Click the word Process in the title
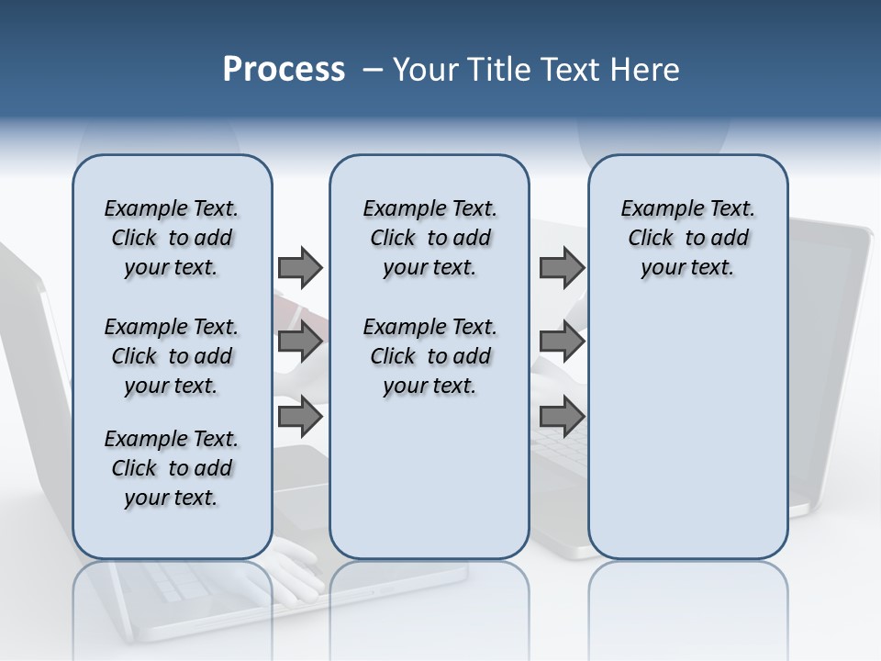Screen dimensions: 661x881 284,69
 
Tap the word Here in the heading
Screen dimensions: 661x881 641,70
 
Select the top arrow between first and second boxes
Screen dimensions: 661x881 300,267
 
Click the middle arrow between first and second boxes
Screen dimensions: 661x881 300,342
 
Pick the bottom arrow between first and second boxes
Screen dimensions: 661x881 300,416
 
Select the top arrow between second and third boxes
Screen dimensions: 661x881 562,267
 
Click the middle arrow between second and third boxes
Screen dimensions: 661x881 562,342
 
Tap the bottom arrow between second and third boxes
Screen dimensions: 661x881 562,416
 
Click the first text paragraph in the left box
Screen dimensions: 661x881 172,238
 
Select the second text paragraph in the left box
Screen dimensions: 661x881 172,356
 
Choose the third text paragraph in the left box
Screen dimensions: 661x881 172,468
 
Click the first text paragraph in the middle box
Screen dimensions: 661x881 429,238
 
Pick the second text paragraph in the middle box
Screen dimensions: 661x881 429,356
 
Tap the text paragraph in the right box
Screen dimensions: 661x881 687,238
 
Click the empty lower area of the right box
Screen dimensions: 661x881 687,431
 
